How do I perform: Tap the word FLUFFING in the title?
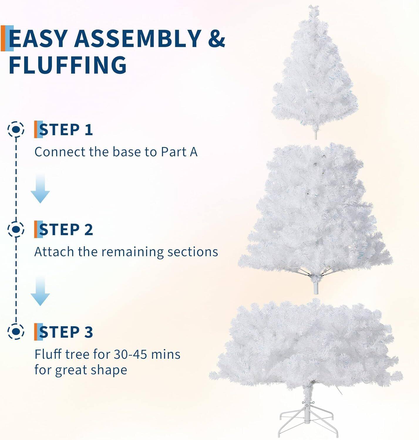pyautogui.click(x=68, y=65)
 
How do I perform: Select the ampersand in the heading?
pyautogui.click(x=217, y=38)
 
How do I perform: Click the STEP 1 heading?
pyautogui.click(x=66, y=130)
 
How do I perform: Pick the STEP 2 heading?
pyautogui.click(x=66, y=229)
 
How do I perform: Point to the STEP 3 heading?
pyautogui.click(x=66, y=332)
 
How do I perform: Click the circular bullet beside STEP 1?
pyautogui.click(x=16, y=129)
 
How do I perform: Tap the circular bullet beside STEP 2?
pyautogui.click(x=16, y=229)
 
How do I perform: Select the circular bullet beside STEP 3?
pyautogui.click(x=16, y=331)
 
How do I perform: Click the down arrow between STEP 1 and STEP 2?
pyautogui.click(x=40, y=189)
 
